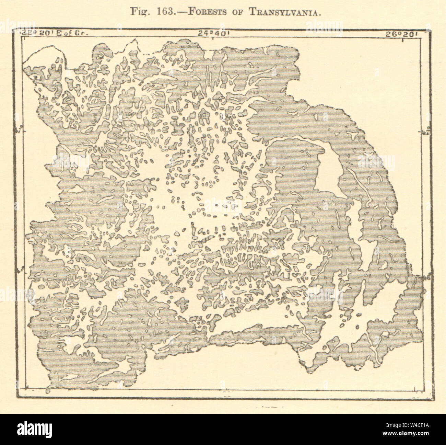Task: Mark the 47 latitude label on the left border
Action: pos(19,131)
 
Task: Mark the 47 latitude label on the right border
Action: pos(425,132)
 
